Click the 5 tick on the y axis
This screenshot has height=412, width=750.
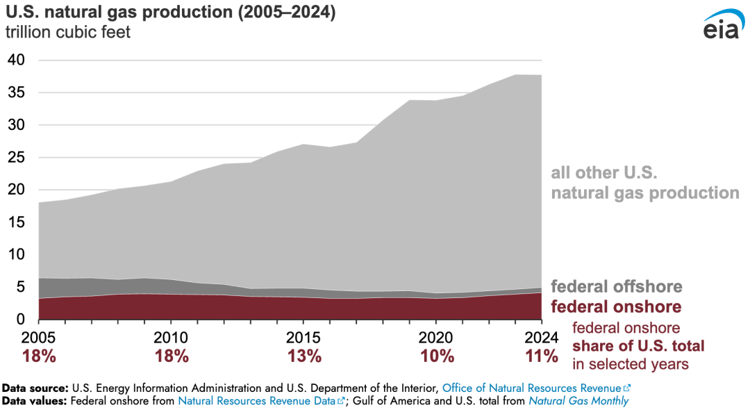[21, 287]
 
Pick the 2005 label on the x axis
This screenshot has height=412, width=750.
[38, 338]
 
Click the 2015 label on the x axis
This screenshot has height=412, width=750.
[303, 338]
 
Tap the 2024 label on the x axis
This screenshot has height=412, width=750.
[542, 338]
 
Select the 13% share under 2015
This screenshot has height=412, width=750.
[304, 356]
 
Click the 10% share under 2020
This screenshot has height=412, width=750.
[436, 356]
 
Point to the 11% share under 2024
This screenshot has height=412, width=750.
[542, 356]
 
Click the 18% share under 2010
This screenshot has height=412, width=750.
[172, 356]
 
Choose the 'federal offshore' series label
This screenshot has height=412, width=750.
[617, 286]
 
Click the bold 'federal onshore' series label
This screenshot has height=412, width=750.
[616, 307]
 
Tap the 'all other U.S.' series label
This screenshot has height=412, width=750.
[604, 172]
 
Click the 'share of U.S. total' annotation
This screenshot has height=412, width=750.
[638, 346]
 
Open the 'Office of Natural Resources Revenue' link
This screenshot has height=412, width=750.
[532, 388]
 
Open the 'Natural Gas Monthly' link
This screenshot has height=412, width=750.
[578, 401]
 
